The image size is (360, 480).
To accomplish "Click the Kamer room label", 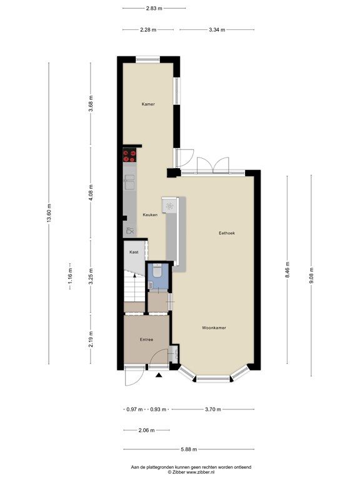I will (x=147, y=104).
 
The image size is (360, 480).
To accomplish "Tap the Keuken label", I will (x=149, y=214).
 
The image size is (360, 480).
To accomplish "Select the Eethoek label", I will (x=226, y=233).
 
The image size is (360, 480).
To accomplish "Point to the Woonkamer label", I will (x=214, y=327).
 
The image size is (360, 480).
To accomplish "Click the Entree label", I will (x=146, y=340).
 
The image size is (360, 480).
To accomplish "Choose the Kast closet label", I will (x=134, y=252).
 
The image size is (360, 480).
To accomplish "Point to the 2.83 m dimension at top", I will (x=154, y=9).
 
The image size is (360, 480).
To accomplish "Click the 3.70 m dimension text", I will (x=212, y=409).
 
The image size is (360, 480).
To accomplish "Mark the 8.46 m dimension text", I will (x=287, y=269).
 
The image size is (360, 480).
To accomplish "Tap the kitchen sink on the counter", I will (x=129, y=182).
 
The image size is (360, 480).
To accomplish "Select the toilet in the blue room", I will (x=157, y=271).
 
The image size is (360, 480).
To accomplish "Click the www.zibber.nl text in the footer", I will (x=200, y=472).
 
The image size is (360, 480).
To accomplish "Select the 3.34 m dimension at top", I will (x=217, y=29).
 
